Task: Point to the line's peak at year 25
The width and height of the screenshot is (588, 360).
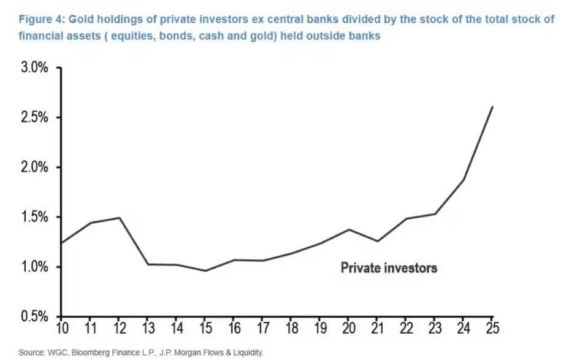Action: [492, 107]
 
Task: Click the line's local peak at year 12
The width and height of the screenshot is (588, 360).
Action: [119, 218]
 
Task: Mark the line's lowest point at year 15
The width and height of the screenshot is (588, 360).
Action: [205, 270]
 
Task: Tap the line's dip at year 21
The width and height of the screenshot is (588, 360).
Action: [378, 241]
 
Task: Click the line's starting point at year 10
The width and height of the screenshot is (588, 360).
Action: [61, 243]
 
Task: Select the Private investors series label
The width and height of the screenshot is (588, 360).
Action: [389, 267]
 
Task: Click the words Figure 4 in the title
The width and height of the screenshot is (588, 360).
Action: [40, 19]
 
